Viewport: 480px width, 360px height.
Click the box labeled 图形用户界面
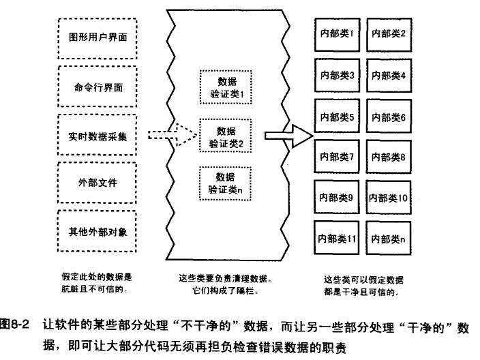point(97,38)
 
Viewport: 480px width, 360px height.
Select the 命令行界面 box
point(97,87)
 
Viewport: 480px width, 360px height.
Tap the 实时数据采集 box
point(97,135)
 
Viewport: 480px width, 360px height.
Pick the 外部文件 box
point(97,183)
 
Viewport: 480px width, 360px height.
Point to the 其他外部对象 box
point(97,231)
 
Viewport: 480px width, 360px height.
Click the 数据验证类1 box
point(226,87)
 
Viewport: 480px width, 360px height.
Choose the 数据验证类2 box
point(226,136)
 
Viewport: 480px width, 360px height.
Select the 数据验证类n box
point(226,183)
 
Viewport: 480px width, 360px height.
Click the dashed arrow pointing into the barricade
point(172,135)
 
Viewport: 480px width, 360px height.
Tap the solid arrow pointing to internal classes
point(288,136)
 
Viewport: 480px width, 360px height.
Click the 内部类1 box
point(337,35)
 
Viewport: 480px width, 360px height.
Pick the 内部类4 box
point(389,76)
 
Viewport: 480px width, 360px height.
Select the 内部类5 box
point(337,116)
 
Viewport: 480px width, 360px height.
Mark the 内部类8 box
point(389,156)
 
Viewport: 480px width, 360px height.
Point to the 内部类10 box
point(389,197)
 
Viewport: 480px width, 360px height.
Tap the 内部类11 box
point(336,238)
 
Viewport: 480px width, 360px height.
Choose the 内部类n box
point(389,238)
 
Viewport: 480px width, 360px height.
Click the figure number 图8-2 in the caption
point(15,325)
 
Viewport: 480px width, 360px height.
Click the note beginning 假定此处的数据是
point(96,283)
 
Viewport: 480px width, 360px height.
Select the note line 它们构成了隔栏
point(225,290)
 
